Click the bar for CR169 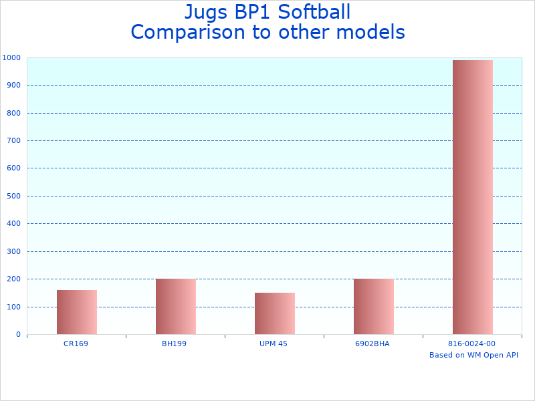pos(77,312)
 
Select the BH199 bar pos(176,306)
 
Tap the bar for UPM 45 pos(275,313)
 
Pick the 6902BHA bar pos(374,306)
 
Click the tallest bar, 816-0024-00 pos(473,197)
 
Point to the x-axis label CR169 pos(76,344)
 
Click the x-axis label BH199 pos(174,344)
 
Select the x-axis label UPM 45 pos(273,344)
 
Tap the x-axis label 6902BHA pos(372,344)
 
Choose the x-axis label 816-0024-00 pos(471,344)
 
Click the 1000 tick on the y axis pos(11,58)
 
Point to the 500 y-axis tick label pos(13,196)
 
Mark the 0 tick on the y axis pos(18,335)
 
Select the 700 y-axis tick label pos(13,141)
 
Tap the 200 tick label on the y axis pos(13,279)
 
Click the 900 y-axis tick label pos(13,86)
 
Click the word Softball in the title pos(310,12)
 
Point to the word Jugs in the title pos(205,13)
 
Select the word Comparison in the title pos(193,32)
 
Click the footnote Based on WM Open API pos(473,355)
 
